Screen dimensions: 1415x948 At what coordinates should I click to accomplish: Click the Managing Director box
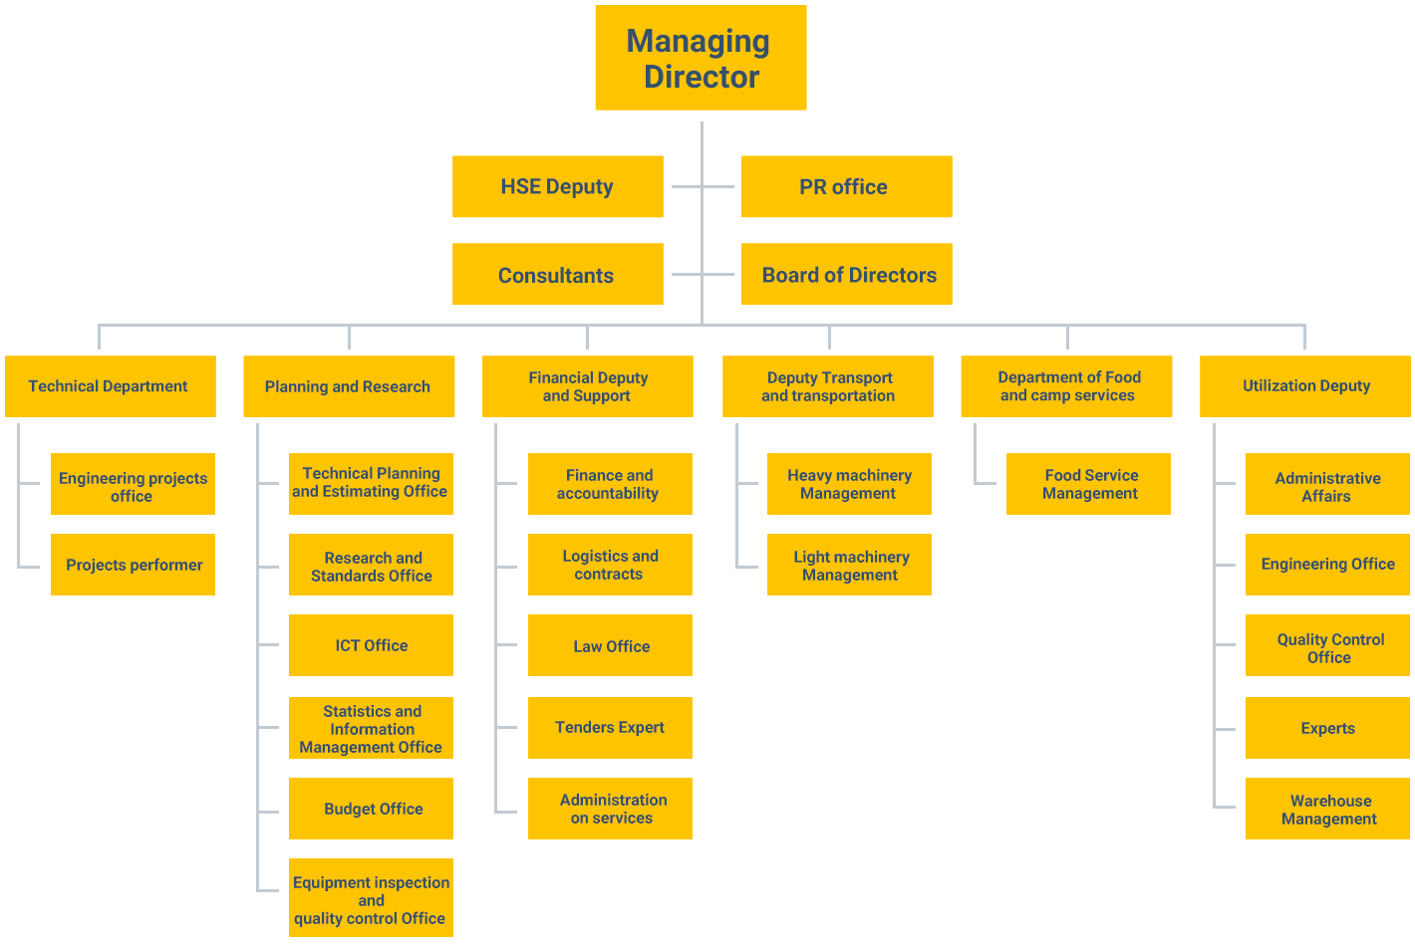pos(701,58)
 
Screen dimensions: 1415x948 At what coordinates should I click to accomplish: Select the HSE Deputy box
pos(558,186)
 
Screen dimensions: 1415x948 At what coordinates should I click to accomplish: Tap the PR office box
pos(846,186)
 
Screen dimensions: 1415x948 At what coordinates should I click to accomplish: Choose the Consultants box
pos(558,274)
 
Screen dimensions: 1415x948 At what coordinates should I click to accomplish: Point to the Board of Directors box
pos(846,274)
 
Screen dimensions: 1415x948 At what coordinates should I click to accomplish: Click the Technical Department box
pos(111,386)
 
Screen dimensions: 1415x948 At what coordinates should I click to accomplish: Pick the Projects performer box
pos(133,565)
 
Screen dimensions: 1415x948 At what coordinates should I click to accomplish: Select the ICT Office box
pos(371,645)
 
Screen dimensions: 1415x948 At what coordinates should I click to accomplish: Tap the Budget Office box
pos(371,808)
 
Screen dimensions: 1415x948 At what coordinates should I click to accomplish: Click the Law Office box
pos(610,645)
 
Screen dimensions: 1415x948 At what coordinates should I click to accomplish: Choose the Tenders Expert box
pos(610,728)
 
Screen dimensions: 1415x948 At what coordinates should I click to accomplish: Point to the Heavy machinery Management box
pos(849,484)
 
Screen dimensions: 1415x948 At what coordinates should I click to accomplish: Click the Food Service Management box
pos(1088,484)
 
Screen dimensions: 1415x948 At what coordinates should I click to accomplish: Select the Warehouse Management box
pos(1328,808)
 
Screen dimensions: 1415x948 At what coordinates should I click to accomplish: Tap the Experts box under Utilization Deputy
pos(1328,728)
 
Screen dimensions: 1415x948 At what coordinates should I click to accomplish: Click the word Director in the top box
pos(702,77)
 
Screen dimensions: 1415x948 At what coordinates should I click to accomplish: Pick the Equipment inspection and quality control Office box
pos(371,897)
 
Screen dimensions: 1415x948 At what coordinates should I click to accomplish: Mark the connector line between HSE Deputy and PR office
pos(703,187)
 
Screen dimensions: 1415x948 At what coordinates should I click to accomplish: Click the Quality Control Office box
pos(1328,645)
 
